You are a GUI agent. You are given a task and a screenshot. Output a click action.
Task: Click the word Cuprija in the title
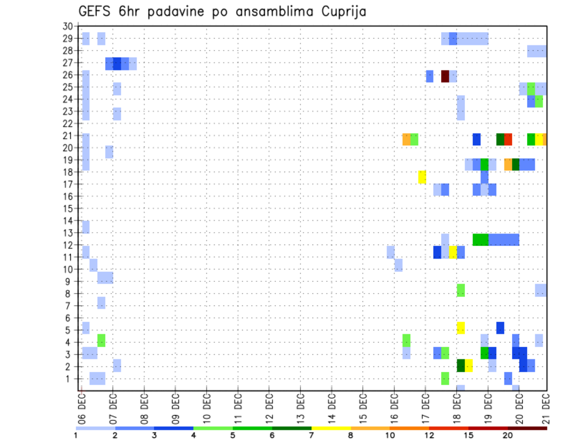[344, 11]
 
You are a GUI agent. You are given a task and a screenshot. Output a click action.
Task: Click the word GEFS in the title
[95, 11]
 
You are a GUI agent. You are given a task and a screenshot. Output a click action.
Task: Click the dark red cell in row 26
[445, 76]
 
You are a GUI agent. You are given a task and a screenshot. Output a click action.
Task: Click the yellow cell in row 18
[422, 177]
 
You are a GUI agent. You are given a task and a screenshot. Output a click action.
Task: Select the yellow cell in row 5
[461, 328]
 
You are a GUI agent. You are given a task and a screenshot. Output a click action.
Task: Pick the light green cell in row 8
[461, 291]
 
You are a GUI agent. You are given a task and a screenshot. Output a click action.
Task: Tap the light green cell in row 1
[445, 379]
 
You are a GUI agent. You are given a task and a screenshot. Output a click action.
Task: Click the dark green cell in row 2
[461, 365]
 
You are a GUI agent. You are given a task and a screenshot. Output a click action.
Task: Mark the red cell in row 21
[508, 139]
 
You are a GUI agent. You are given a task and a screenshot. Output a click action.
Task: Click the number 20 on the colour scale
[507, 435]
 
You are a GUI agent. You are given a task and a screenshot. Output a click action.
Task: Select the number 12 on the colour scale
[429, 435]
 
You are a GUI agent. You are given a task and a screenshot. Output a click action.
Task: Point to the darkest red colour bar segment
[527, 428]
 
